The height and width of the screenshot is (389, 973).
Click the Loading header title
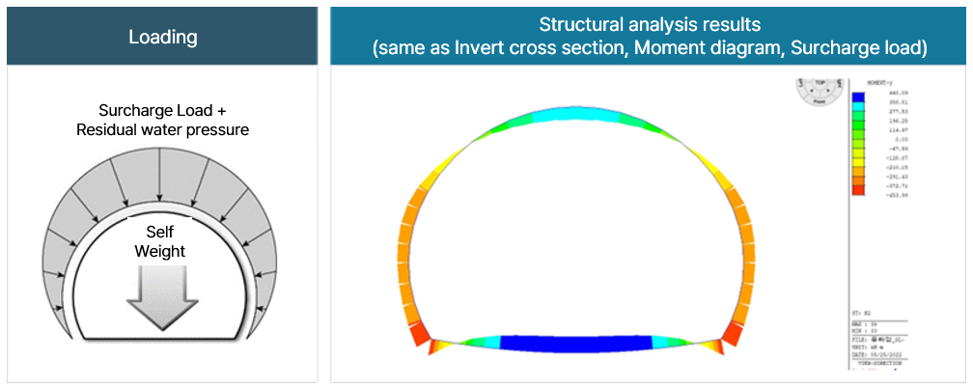coord(162,38)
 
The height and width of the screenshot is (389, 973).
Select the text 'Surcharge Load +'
coord(162,111)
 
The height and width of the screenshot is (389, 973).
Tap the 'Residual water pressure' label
coord(162,129)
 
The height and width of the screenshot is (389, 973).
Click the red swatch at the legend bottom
coord(857,194)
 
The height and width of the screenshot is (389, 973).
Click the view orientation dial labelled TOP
coord(818,91)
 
